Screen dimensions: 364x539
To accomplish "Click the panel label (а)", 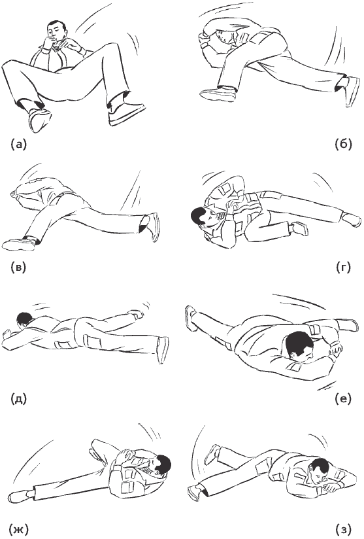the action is pyautogui.click(x=18, y=144).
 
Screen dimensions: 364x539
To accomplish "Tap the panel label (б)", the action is pyautogui.click(x=343, y=144).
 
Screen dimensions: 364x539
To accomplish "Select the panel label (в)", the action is pyautogui.click(x=18, y=268).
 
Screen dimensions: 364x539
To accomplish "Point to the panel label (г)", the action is pyautogui.click(x=343, y=267).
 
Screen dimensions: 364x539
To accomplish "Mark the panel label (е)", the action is pyautogui.click(x=343, y=399).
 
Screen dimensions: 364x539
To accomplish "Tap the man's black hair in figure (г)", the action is pyautogui.click(x=197, y=214).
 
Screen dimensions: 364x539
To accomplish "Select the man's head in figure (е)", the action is pyautogui.click(x=299, y=346).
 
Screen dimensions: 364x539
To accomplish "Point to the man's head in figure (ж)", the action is pyautogui.click(x=161, y=464).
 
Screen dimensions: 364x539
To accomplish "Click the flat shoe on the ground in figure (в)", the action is pyautogui.click(x=18, y=245).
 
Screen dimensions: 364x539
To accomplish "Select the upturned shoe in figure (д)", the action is pyautogui.click(x=163, y=349).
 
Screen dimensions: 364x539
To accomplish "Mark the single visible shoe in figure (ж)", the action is pyautogui.click(x=20, y=495).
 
